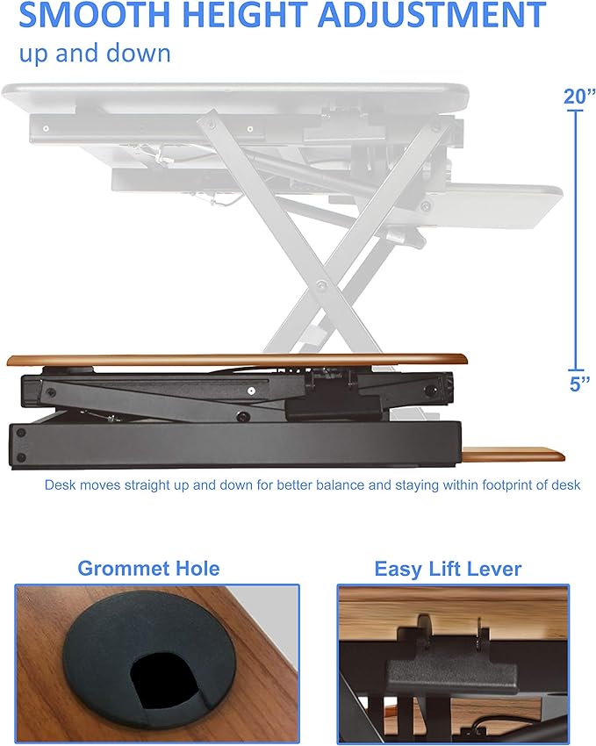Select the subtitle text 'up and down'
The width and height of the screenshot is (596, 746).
[94, 53]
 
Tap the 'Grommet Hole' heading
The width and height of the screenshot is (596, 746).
[148, 568]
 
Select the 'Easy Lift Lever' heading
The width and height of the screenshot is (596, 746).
[448, 569]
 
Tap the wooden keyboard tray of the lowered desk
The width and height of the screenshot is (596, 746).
[513, 455]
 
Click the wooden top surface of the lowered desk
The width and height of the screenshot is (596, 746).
[237, 360]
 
